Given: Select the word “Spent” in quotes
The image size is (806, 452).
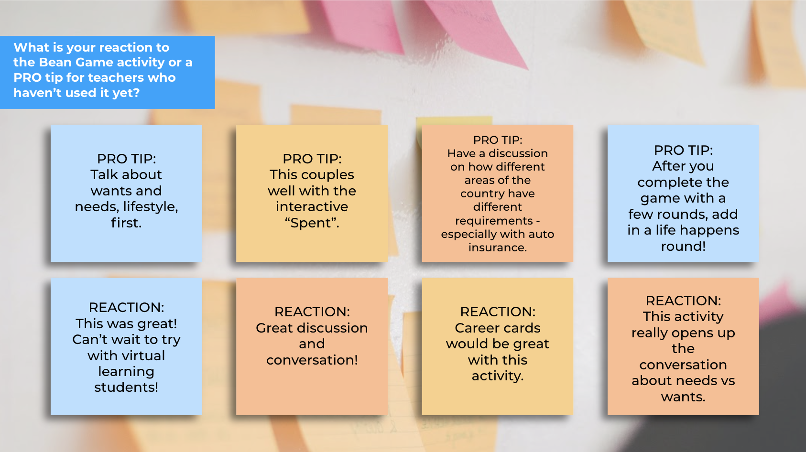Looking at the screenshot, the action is pos(312,223).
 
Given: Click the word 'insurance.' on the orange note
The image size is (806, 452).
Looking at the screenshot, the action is pos(498,248).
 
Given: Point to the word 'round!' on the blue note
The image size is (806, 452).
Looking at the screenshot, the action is pos(683,247).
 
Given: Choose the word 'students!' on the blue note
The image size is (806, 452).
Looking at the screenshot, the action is pos(126,387).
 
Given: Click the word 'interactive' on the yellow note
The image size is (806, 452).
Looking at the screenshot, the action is pos(312,207).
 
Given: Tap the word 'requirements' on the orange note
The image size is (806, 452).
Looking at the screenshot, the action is pos(494,221).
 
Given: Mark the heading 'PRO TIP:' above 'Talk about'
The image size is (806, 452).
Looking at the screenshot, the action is pos(126,159).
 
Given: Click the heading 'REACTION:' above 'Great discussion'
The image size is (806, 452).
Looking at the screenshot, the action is pos(312,312).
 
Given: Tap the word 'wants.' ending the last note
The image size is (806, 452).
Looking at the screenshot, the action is pos(683,397).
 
